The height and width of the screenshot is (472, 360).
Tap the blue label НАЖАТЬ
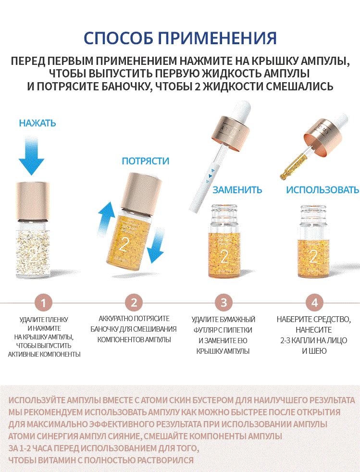(37, 123)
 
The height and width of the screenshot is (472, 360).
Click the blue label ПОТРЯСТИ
(145, 161)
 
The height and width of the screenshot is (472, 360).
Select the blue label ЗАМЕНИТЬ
(237, 190)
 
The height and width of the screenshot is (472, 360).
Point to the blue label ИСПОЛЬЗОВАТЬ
(323, 190)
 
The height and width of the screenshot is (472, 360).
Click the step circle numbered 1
(43, 302)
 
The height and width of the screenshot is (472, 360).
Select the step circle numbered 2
(134, 302)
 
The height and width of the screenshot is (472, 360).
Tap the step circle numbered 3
(224, 302)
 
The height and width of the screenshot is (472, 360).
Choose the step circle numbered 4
(314, 302)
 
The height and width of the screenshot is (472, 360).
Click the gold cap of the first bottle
(33, 200)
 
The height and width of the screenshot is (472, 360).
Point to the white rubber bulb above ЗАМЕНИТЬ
(241, 112)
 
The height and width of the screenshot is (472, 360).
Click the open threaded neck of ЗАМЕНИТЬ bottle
(224, 214)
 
